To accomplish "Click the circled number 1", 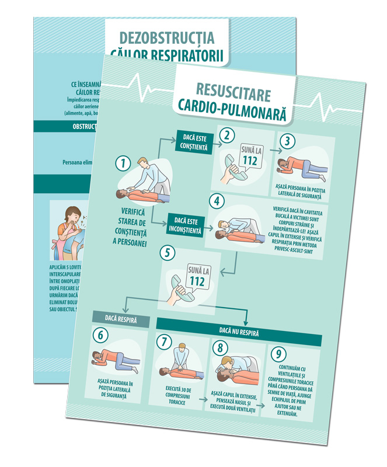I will (x=122, y=163).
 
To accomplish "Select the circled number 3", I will (x=285, y=142).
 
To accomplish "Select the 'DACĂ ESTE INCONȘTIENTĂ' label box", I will (x=186, y=226).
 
